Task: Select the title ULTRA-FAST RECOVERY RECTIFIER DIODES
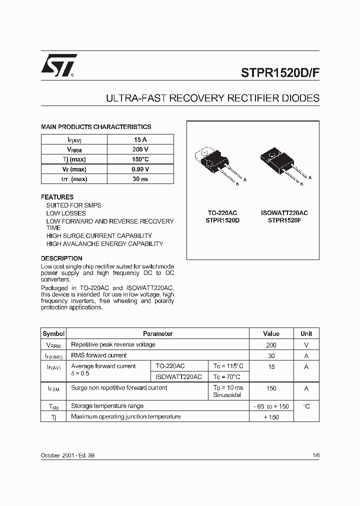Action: tap(212, 98)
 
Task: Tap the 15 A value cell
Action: tap(140, 139)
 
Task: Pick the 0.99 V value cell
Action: tap(140, 169)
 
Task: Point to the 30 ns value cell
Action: tap(140, 179)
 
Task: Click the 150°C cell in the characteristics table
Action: tap(140, 159)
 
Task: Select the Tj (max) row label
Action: tap(74, 159)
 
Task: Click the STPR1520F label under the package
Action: tap(284, 220)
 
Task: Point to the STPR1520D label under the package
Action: tap(222, 220)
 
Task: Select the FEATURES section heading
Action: tap(57, 197)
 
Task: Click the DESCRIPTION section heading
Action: tap(61, 258)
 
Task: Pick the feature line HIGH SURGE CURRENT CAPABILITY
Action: tap(99, 235)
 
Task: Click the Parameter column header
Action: tap(157, 333)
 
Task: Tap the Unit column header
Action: tap(306, 333)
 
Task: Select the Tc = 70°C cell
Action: tap(226, 377)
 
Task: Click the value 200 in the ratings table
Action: tap(271, 345)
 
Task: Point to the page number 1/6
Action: tap(315, 455)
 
